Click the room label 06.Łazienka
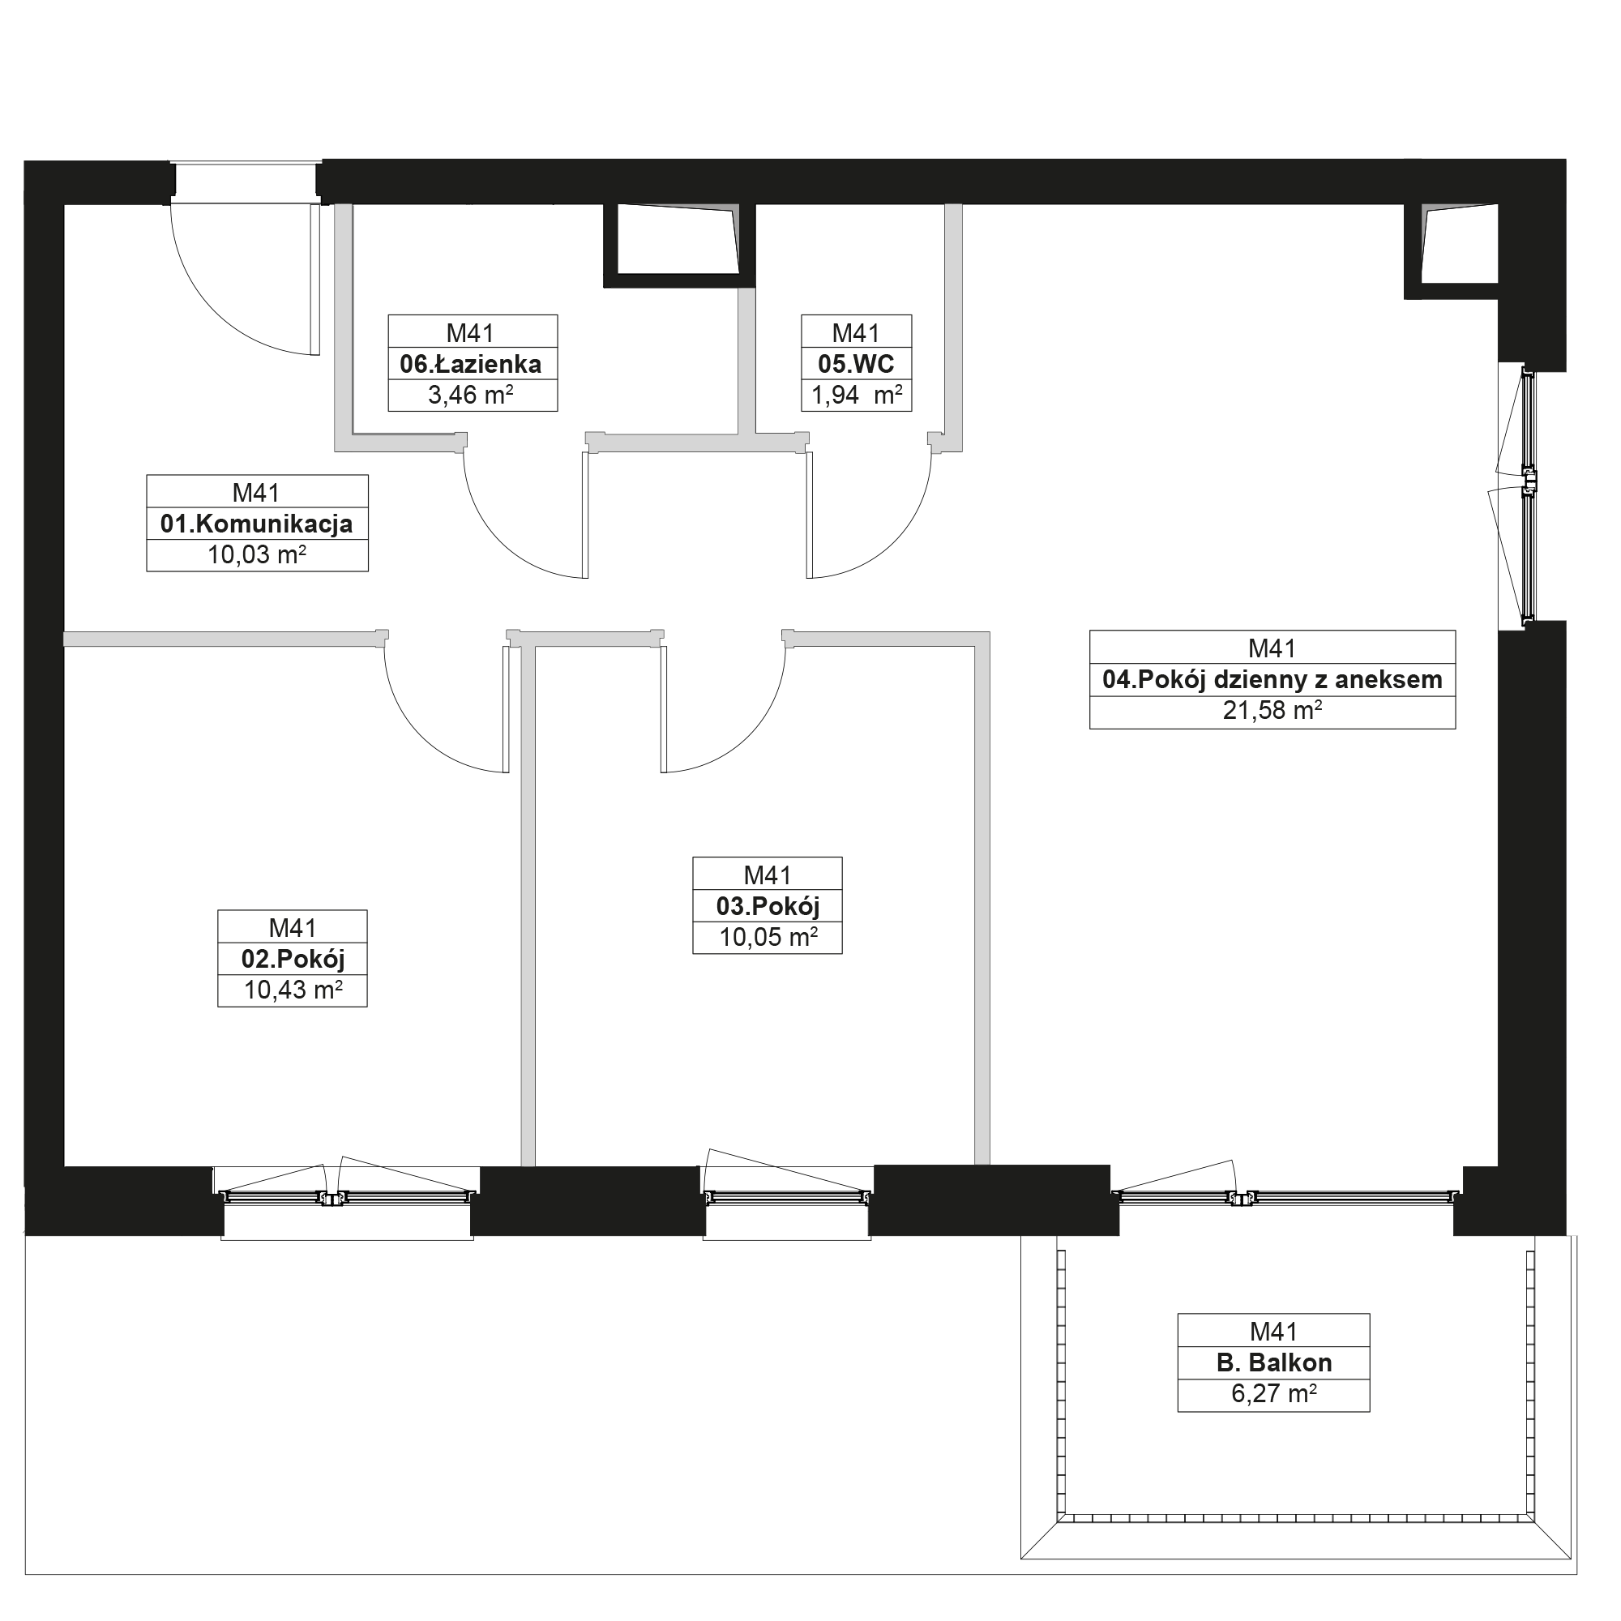pyautogui.click(x=471, y=364)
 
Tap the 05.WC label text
pyautogui.click(x=857, y=364)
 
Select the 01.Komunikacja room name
pyautogui.click(x=257, y=524)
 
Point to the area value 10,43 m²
pyautogui.click(x=293, y=990)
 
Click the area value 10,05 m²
pyautogui.click(x=768, y=937)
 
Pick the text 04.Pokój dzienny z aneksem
pyautogui.click(x=1272, y=680)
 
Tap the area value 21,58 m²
pyautogui.click(x=1272, y=711)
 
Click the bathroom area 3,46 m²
pyautogui.click(x=471, y=396)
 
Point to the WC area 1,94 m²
pyautogui.click(x=857, y=396)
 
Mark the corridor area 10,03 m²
pyautogui.click(x=257, y=554)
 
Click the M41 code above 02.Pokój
pyautogui.click(x=293, y=928)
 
